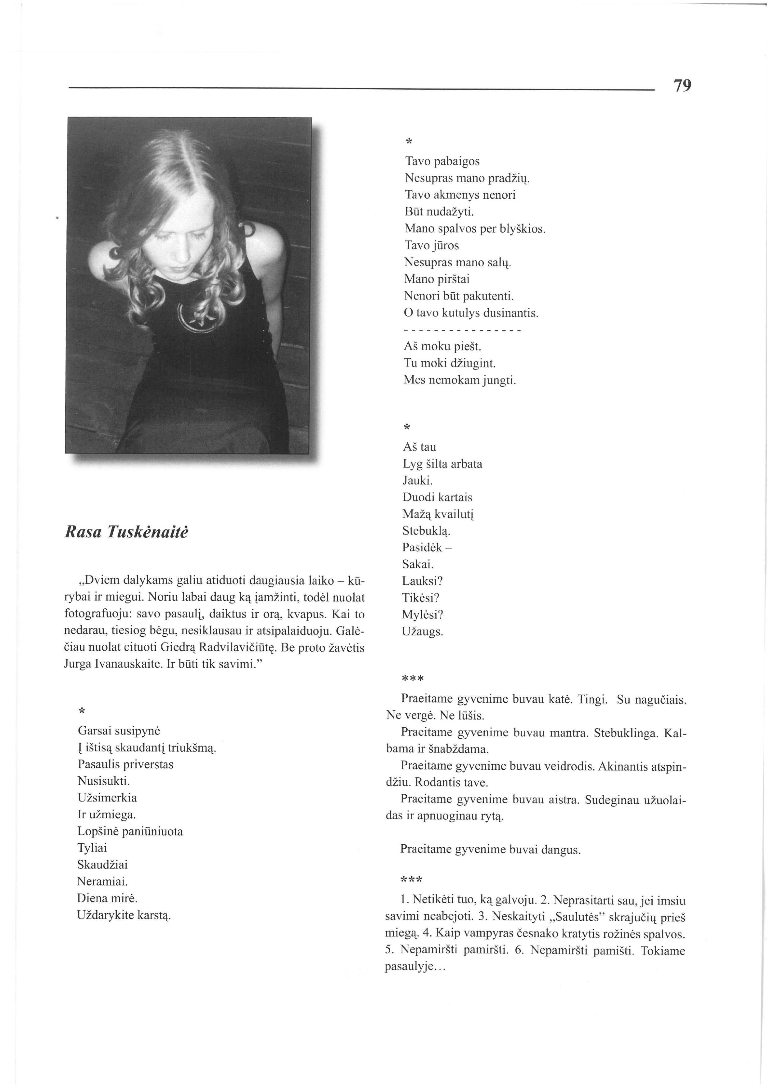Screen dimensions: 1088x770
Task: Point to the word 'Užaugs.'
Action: [423, 631]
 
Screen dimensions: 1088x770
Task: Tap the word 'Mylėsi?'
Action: [423, 615]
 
